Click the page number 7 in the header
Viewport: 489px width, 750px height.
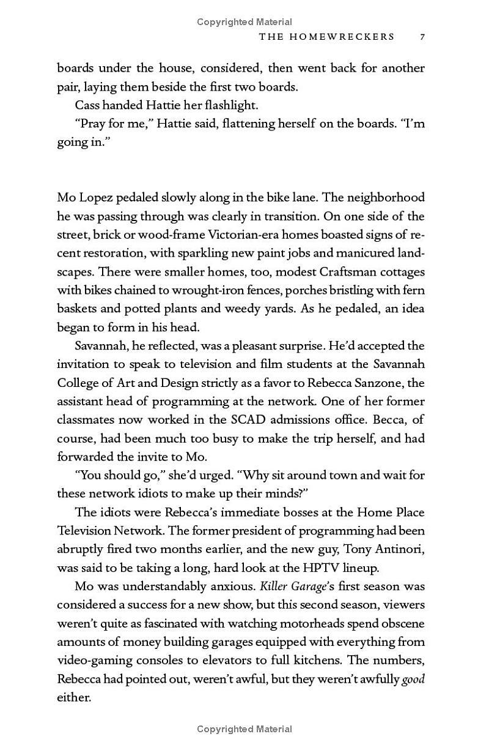coord(422,37)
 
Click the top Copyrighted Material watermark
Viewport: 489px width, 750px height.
coord(244,22)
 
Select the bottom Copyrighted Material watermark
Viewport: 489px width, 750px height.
coord(244,729)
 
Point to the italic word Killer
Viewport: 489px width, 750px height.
coord(274,587)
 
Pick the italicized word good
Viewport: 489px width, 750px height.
coord(413,679)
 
